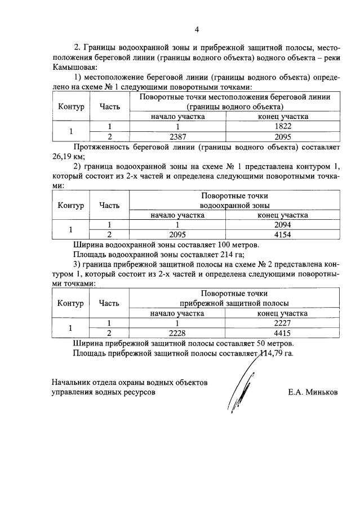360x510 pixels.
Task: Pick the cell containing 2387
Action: click(x=177, y=136)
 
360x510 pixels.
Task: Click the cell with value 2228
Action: click(x=177, y=332)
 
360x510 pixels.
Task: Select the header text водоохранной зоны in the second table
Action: click(x=234, y=206)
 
